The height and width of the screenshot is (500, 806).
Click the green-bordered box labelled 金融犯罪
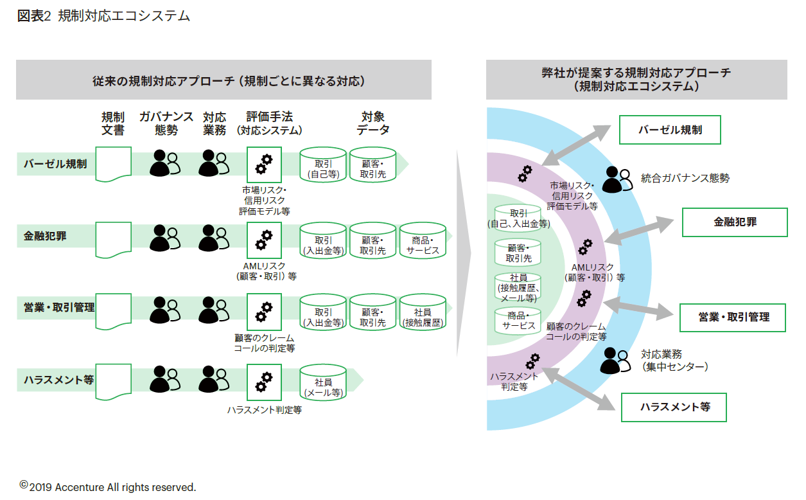(x=734, y=222)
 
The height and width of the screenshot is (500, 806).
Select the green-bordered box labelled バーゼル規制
(x=670, y=130)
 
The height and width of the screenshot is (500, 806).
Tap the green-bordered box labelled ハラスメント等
(x=674, y=407)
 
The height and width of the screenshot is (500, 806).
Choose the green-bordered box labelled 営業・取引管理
(x=733, y=317)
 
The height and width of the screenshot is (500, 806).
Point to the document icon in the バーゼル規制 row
(x=113, y=164)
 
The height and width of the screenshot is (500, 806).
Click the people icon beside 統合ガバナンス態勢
(x=615, y=179)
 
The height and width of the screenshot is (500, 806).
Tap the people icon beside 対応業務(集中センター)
(x=615, y=361)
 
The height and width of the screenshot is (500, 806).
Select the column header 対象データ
(x=372, y=123)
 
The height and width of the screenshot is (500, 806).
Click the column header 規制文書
(x=113, y=123)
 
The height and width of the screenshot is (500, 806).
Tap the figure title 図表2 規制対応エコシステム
(x=103, y=16)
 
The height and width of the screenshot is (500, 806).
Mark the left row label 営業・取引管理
(x=55, y=307)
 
